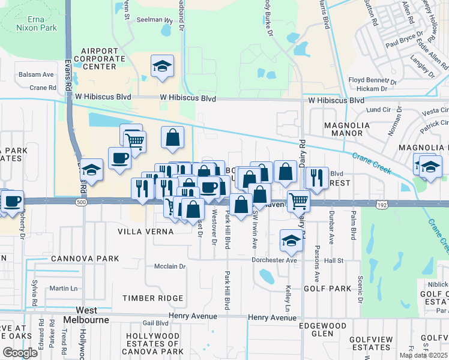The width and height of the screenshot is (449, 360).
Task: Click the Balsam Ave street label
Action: point(35,74)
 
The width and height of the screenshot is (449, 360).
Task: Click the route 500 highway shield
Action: point(79,204)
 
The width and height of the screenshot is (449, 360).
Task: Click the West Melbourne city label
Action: point(87,315)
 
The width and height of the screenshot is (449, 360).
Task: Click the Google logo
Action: point(20,353)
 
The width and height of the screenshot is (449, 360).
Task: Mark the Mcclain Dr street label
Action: point(171,266)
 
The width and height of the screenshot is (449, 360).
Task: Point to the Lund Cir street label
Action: point(378,110)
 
